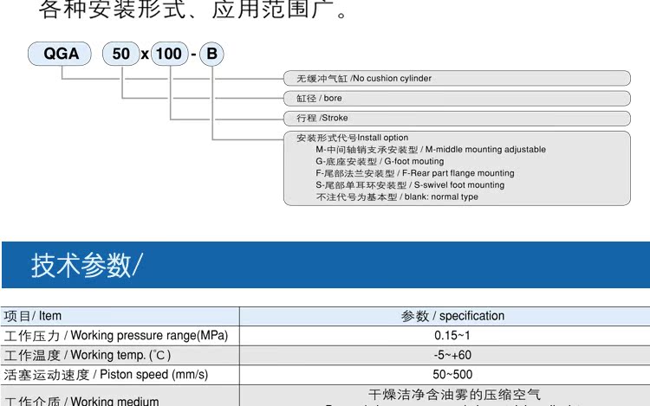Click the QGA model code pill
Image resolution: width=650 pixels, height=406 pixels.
point(62,54)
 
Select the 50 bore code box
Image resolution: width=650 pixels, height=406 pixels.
point(121,54)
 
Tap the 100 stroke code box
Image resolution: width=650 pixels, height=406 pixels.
point(169,54)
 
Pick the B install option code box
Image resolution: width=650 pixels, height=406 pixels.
point(211,54)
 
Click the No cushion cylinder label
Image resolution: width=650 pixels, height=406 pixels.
point(364,79)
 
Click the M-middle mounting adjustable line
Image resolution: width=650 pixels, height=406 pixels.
point(431,150)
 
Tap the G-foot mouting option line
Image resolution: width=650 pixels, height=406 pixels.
point(380,161)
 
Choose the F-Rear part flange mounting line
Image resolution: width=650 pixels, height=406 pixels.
point(414,173)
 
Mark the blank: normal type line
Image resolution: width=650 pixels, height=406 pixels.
point(397,197)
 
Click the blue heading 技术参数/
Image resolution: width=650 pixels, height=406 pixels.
point(85,265)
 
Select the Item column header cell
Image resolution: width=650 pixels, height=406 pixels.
point(34,316)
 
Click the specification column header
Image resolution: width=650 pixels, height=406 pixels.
point(452,316)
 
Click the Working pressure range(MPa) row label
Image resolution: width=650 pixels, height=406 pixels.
point(116,336)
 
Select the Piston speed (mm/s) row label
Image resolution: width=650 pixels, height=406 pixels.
point(106,375)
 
